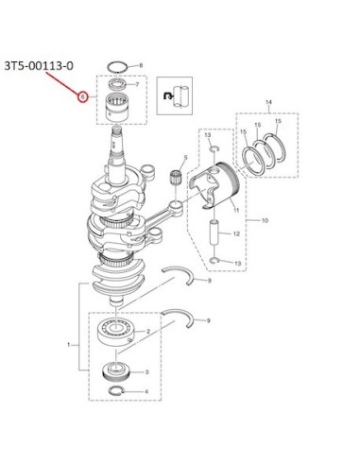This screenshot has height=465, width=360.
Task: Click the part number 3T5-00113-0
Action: coord(39,66)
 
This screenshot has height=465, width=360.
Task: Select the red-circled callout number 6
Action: coord(82,97)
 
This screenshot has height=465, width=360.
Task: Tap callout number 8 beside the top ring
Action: coord(141,65)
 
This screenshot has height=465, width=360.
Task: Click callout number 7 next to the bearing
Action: coord(137,84)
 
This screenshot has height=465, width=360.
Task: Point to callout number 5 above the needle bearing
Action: coord(185,157)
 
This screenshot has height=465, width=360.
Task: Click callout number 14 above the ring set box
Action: coord(268,102)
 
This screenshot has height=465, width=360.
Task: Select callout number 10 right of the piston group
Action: coord(265,220)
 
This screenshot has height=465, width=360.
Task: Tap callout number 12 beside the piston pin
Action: coord(236,233)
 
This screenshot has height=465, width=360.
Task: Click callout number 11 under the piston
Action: coord(236,210)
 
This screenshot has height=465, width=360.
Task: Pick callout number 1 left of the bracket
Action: coord(69,345)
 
